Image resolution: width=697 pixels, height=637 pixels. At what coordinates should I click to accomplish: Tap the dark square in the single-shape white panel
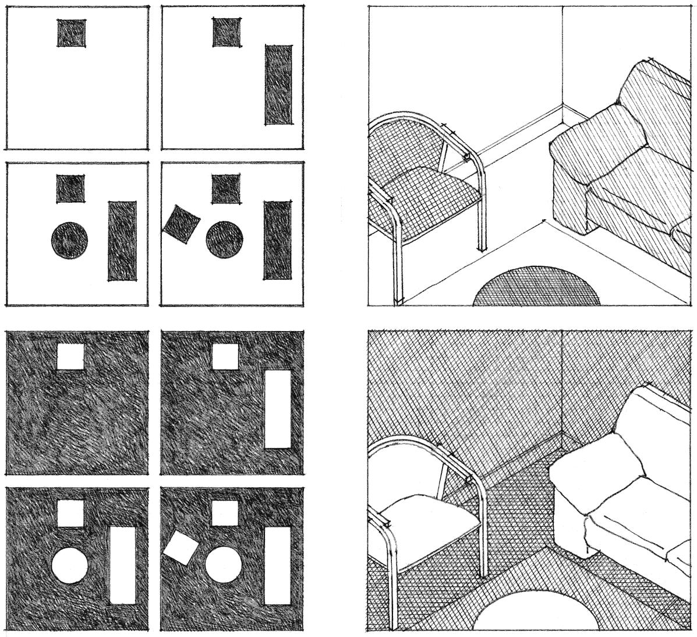(x=72, y=33)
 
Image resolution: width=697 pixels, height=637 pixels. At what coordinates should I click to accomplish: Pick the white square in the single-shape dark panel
(x=71, y=356)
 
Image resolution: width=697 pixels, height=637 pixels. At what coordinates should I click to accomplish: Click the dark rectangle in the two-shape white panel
(x=278, y=85)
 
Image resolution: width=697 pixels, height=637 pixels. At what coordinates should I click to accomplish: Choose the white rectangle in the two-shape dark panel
(x=278, y=409)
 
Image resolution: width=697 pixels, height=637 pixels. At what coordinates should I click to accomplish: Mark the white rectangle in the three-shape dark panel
(x=122, y=565)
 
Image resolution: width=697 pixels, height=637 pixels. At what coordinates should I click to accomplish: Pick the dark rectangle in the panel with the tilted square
(x=277, y=240)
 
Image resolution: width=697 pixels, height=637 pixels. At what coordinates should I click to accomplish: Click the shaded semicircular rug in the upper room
(x=536, y=288)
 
